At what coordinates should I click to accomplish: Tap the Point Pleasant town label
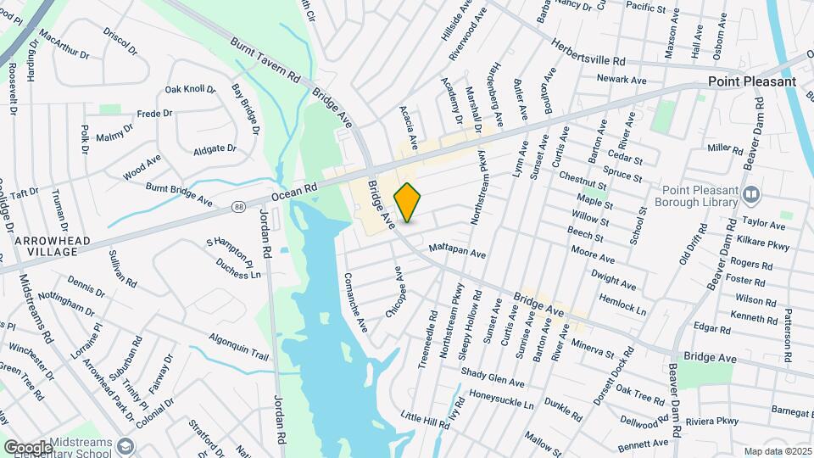pyautogui.click(x=752, y=81)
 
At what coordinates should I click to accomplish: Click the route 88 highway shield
pyautogui.click(x=241, y=205)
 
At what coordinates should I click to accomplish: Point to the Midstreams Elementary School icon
pyautogui.click(x=125, y=445)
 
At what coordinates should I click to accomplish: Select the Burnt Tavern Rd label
pyautogui.click(x=266, y=58)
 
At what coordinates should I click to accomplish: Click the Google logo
pyautogui.click(x=27, y=447)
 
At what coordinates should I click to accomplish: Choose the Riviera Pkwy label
pyautogui.click(x=712, y=422)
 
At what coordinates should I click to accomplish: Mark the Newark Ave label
pyautogui.click(x=621, y=80)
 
